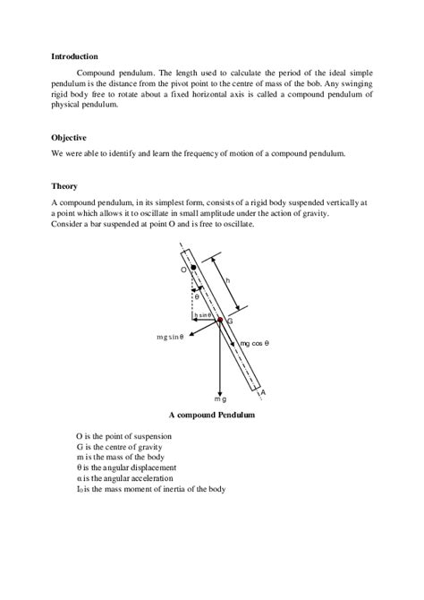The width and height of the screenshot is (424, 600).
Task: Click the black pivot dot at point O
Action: tap(193, 268)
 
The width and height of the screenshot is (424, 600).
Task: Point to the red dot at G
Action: tap(220, 319)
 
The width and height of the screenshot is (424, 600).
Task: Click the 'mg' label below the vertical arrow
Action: tap(220, 397)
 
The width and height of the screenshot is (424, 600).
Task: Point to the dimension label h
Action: tap(228, 280)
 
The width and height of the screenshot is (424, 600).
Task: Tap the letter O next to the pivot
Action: tap(183, 269)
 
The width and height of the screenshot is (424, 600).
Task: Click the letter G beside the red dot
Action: tap(230, 321)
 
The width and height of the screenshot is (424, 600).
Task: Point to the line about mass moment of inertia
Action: tap(150, 489)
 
